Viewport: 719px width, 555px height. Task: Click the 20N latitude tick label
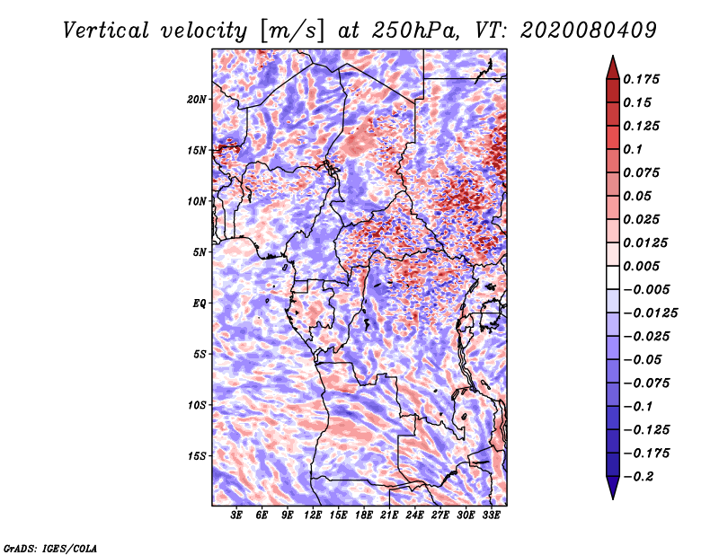tap(196, 100)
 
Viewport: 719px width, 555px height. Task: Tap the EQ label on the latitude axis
tap(199, 304)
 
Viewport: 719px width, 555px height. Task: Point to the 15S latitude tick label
tap(196, 456)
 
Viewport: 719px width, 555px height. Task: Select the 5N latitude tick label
tap(199, 252)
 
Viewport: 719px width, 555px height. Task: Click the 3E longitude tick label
tap(236, 515)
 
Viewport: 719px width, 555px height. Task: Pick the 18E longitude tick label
tap(364, 515)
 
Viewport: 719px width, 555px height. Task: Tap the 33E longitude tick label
tap(491, 515)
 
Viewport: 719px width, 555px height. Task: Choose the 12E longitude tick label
tap(313, 515)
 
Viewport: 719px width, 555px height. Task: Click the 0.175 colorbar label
tap(641, 79)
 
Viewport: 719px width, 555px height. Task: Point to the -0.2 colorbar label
tap(638, 477)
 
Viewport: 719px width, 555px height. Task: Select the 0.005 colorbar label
tap(641, 266)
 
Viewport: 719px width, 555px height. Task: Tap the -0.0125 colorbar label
tap(650, 313)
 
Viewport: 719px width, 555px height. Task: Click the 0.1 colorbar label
tap(633, 149)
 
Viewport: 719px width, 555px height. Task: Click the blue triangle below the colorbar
tap(613, 487)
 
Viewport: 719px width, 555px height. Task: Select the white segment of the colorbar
tap(613, 277)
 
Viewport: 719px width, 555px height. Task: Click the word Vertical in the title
tap(106, 31)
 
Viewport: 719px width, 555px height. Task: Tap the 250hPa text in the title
tap(415, 31)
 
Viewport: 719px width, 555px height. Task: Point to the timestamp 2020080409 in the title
tap(589, 31)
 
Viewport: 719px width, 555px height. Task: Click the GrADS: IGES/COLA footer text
tap(50, 548)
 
